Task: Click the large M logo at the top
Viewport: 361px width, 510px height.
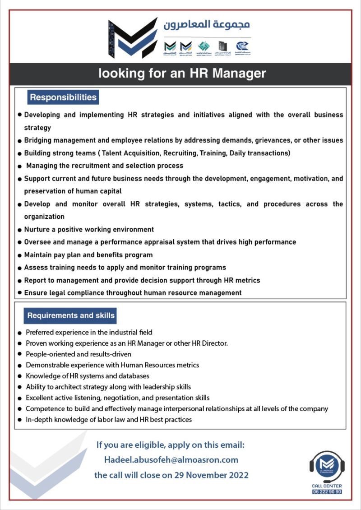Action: click(x=133, y=38)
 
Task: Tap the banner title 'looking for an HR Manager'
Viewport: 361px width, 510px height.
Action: click(x=182, y=73)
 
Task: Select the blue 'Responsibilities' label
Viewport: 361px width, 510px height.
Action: click(x=63, y=97)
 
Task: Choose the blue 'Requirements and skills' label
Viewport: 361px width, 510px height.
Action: click(x=71, y=315)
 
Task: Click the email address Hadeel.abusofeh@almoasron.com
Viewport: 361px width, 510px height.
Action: click(x=171, y=459)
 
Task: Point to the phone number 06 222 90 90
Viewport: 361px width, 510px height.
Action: click(x=327, y=491)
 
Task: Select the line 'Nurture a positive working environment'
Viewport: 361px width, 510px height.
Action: click(x=89, y=229)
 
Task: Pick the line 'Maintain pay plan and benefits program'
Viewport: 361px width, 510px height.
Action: click(x=88, y=255)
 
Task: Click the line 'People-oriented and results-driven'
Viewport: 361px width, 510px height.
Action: click(x=79, y=354)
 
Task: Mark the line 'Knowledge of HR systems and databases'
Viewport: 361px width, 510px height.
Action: click(x=88, y=376)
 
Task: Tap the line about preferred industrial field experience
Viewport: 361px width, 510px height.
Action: click(x=89, y=332)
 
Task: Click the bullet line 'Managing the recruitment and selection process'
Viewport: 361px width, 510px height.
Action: click(x=104, y=166)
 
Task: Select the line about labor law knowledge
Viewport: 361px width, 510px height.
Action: click(x=109, y=419)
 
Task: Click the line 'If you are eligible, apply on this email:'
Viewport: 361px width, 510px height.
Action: click(x=171, y=445)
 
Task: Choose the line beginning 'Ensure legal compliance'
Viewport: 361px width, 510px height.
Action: click(x=133, y=292)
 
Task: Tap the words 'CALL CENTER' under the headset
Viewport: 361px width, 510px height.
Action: click(x=327, y=486)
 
